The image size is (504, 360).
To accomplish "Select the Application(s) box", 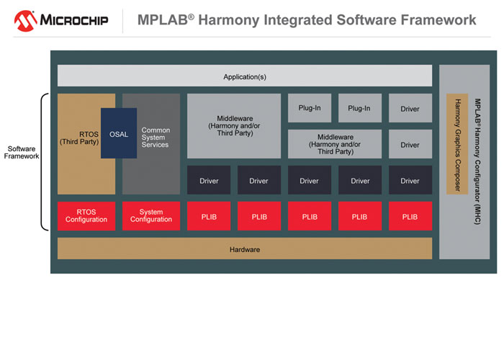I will click(x=245, y=76).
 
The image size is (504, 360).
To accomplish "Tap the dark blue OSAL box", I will click(x=119, y=134).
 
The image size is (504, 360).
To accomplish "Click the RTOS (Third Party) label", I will click(x=78, y=137).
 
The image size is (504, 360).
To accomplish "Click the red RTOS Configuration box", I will click(x=86, y=216).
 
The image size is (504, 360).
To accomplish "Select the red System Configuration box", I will click(x=151, y=216).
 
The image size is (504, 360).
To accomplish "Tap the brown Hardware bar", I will click(x=245, y=249).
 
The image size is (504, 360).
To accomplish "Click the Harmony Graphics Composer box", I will click(x=457, y=144).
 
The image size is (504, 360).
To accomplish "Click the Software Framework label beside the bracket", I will click(x=22, y=153).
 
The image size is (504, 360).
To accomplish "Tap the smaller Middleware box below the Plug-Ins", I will click(x=335, y=144).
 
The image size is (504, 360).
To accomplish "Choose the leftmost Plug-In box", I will click(x=310, y=108).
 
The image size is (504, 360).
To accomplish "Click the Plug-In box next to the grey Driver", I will click(x=360, y=108).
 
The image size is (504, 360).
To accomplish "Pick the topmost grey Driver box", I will click(x=410, y=108).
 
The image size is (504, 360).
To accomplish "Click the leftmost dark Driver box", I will click(x=209, y=180).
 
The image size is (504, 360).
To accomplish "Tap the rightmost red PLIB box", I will click(x=410, y=216).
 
